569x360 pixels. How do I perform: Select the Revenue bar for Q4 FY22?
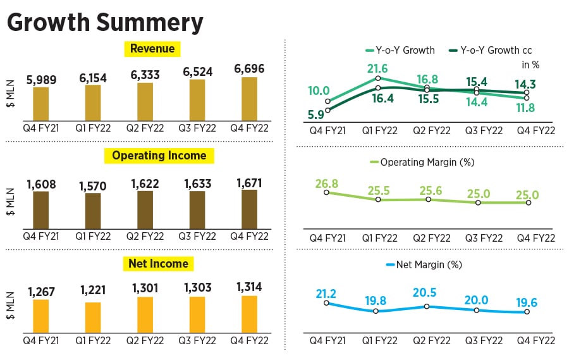pos(248,98)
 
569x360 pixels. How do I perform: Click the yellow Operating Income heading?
pos(159,156)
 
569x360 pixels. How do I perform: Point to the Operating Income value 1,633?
pos(197,183)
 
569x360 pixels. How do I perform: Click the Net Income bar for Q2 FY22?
pos(145,315)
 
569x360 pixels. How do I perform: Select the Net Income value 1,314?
pos(248,288)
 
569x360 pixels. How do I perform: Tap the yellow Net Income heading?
pos(159,263)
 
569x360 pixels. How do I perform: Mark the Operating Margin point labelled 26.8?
pos(327,192)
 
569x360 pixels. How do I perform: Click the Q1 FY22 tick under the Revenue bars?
pos(92,128)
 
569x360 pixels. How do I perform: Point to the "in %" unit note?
pos(530,65)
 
